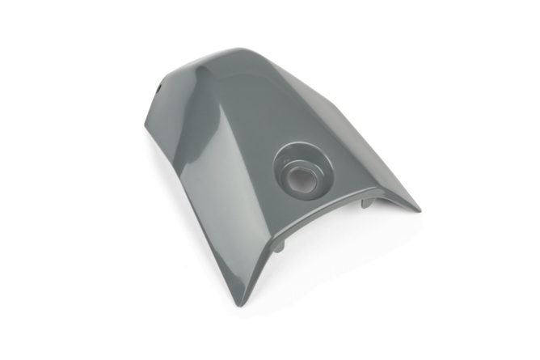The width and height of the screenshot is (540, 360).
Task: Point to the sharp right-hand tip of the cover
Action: tap(418, 208)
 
